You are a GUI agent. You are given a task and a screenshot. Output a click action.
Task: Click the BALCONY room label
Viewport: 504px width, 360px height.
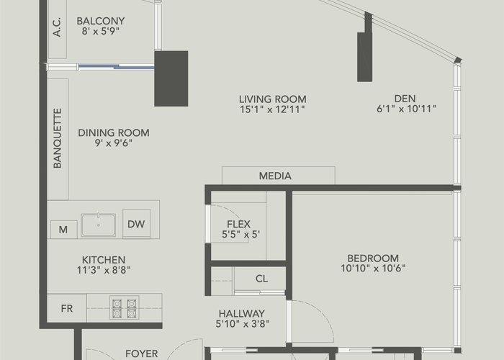click(x=100, y=21)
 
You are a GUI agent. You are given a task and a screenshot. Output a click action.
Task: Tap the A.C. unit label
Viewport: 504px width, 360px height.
click(x=57, y=27)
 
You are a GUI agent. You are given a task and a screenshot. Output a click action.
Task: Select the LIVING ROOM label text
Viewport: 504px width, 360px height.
click(x=272, y=99)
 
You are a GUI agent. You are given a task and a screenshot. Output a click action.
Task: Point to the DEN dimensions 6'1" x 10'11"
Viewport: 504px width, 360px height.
click(x=406, y=109)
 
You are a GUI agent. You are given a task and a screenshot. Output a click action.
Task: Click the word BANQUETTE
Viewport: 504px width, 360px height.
click(x=58, y=138)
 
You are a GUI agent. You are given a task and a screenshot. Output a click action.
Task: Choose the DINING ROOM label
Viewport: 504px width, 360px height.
click(x=114, y=132)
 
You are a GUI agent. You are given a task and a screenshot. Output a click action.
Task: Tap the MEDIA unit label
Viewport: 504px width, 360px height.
click(x=275, y=176)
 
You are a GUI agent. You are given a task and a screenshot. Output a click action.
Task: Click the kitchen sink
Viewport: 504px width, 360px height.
click(x=99, y=225)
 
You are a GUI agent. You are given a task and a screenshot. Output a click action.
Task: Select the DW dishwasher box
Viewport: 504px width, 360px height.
click(x=136, y=224)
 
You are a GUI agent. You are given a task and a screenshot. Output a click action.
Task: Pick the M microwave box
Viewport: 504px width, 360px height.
click(x=63, y=230)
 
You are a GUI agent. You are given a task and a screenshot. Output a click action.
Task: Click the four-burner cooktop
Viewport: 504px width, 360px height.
click(x=124, y=307)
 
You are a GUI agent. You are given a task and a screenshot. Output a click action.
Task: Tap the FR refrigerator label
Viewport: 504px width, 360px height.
click(x=67, y=309)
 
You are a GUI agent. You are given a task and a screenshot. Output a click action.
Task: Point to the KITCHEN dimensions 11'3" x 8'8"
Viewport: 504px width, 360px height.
click(x=104, y=270)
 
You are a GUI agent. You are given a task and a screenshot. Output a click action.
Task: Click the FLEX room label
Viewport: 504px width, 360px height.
click(x=238, y=224)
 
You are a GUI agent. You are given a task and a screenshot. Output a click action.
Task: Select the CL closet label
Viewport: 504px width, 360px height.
click(x=261, y=279)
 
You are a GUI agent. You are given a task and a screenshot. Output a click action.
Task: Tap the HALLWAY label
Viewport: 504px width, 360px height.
click(x=242, y=313)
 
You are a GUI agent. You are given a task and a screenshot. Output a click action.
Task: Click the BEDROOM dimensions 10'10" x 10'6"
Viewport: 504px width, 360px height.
click(x=373, y=268)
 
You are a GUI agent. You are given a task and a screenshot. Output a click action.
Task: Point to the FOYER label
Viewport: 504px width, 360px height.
click(x=141, y=354)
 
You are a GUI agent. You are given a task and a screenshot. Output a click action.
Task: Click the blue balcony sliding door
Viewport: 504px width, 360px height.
click(x=117, y=66)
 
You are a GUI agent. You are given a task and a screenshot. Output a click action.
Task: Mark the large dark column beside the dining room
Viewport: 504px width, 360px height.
click(x=171, y=78)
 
